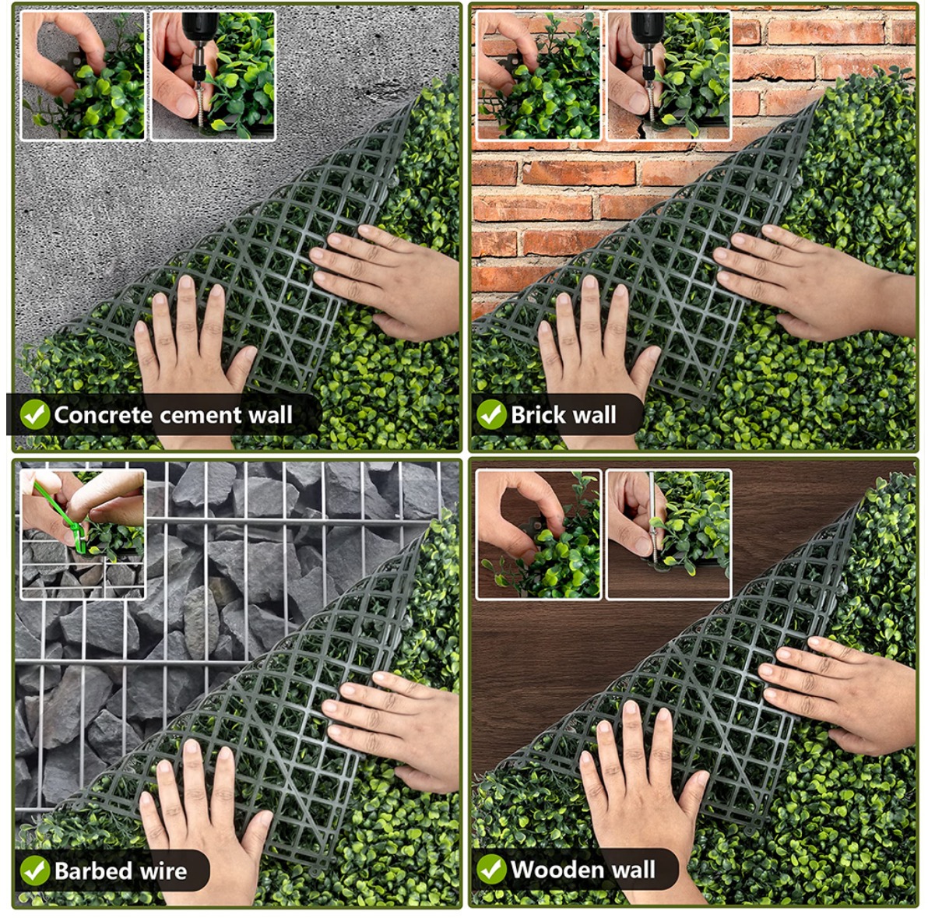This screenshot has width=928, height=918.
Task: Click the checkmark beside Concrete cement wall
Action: tap(35, 414)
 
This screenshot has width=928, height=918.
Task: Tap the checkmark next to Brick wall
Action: tap(491, 414)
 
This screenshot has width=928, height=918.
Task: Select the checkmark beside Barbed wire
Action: tap(35, 871)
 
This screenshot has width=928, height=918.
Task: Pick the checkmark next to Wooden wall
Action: tap(491, 870)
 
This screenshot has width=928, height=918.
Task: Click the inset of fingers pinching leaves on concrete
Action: tap(83, 76)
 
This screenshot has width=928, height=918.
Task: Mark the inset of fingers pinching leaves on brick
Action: tap(538, 76)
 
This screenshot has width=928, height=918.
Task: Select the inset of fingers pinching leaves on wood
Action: tap(539, 534)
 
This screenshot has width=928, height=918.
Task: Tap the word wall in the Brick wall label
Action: tap(592, 414)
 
